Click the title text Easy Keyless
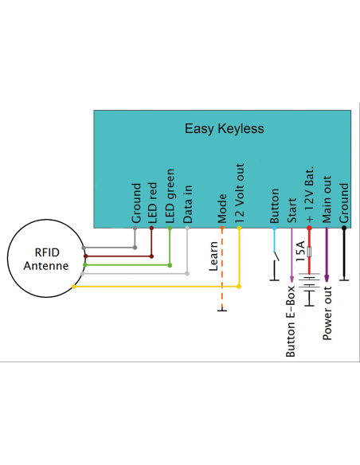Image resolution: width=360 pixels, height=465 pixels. (224, 128)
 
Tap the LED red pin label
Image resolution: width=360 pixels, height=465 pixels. (151, 202)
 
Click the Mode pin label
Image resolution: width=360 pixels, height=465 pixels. (222, 209)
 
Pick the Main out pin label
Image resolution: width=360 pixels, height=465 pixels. (327, 202)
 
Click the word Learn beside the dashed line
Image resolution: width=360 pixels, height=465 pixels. (213, 257)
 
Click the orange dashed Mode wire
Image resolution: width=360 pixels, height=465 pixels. (222, 271)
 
